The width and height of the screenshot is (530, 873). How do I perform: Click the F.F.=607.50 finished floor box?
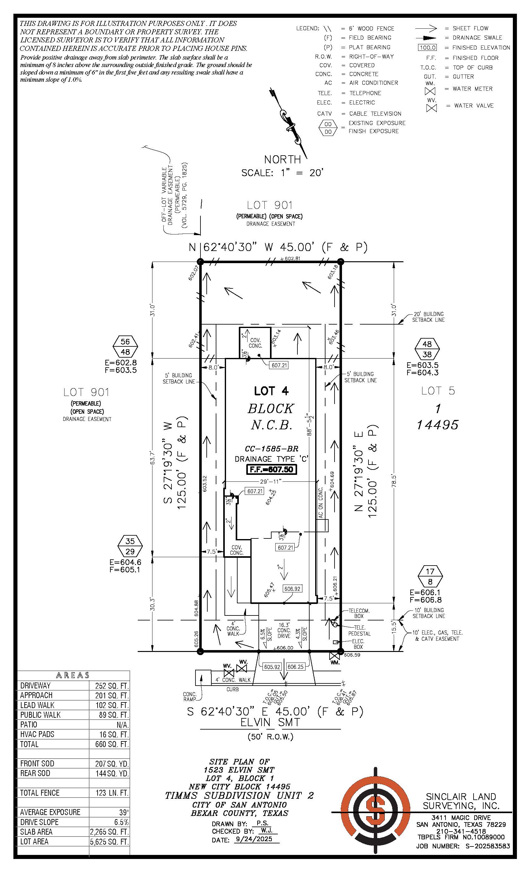(x=271, y=470)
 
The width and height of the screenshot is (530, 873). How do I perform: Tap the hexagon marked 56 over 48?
(x=125, y=347)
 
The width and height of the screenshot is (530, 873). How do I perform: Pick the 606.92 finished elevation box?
(x=292, y=589)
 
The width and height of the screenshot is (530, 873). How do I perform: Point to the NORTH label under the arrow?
(x=282, y=159)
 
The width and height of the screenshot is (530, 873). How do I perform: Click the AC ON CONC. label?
(x=320, y=503)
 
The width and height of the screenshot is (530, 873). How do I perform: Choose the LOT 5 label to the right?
(x=438, y=391)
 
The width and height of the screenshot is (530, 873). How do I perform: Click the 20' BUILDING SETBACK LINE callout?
(x=428, y=317)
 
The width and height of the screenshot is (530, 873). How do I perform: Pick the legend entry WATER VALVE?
(x=474, y=106)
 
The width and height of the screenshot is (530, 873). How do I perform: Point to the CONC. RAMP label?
(x=190, y=697)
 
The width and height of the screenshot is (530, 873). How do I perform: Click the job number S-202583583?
(x=488, y=846)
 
